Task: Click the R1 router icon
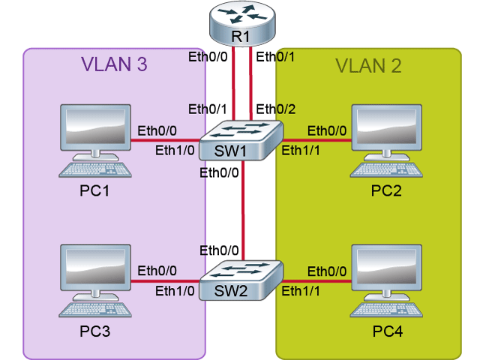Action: (242, 22)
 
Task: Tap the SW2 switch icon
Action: (241, 280)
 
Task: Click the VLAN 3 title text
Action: (113, 65)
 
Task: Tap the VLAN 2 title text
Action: (368, 65)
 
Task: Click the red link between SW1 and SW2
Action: (242, 210)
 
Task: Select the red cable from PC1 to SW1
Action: (166, 139)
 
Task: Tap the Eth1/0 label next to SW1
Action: (175, 150)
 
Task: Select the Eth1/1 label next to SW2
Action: (301, 292)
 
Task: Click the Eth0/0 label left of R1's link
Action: (208, 55)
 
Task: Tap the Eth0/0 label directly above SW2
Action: (219, 250)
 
